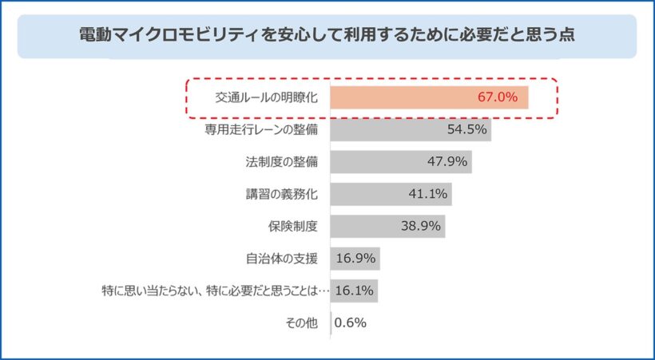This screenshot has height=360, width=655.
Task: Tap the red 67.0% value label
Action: (x=503, y=98)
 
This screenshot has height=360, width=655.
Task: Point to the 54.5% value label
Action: (x=466, y=130)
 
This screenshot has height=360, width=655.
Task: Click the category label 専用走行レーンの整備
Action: (x=261, y=130)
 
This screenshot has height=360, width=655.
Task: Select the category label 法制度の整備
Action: (x=281, y=162)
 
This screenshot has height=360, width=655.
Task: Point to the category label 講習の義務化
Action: (x=281, y=194)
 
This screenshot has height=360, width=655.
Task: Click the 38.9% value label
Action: (x=421, y=226)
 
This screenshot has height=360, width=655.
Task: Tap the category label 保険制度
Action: (x=292, y=226)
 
